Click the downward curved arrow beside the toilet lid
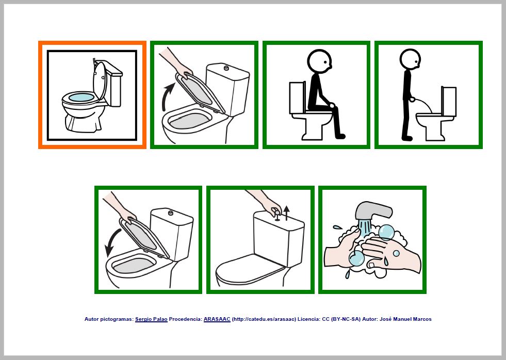pyautogui.click(x=111, y=243)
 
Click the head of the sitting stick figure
pyautogui.click(x=319, y=60)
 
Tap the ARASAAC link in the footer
pyautogui.click(x=217, y=319)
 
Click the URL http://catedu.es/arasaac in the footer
pyautogui.click(x=264, y=319)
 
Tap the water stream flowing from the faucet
pyautogui.click(x=365, y=226)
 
